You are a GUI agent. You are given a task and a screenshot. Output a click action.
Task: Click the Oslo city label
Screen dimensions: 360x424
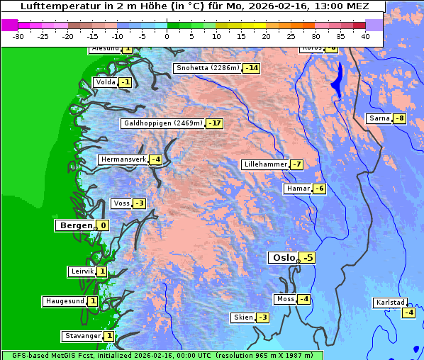(x=282, y=258)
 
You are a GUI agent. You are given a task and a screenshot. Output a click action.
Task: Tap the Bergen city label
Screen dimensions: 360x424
(x=75, y=225)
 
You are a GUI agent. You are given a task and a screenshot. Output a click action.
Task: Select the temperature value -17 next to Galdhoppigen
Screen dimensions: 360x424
(x=215, y=123)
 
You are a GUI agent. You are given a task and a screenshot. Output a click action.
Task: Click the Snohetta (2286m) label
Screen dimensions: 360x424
(x=208, y=69)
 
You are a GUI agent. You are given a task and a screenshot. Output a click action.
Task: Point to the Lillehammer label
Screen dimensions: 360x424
(x=264, y=164)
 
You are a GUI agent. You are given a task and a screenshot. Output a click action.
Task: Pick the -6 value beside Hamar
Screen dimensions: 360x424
(x=320, y=189)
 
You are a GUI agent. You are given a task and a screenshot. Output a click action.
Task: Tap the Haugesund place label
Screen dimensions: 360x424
(x=65, y=301)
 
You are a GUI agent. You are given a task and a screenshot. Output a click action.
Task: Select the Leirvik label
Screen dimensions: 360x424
(x=82, y=271)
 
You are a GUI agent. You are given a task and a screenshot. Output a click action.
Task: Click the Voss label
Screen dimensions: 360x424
(x=121, y=203)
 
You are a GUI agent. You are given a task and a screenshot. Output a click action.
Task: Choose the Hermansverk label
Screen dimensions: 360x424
(x=123, y=159)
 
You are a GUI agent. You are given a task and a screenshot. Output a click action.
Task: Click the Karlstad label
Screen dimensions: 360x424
(x=391, y=303)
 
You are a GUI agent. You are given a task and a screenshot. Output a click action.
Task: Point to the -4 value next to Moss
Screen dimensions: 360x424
(x=303, y=299)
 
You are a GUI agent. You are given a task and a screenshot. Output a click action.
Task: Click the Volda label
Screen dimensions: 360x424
(x=105, y=82)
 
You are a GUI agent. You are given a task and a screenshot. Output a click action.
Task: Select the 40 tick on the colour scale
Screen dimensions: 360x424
(x=365, y=35)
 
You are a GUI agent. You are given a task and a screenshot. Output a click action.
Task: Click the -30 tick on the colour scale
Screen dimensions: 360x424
(x=18, y=35)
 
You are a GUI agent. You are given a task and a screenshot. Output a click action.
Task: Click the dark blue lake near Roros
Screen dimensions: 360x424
(x=338, y=79)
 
